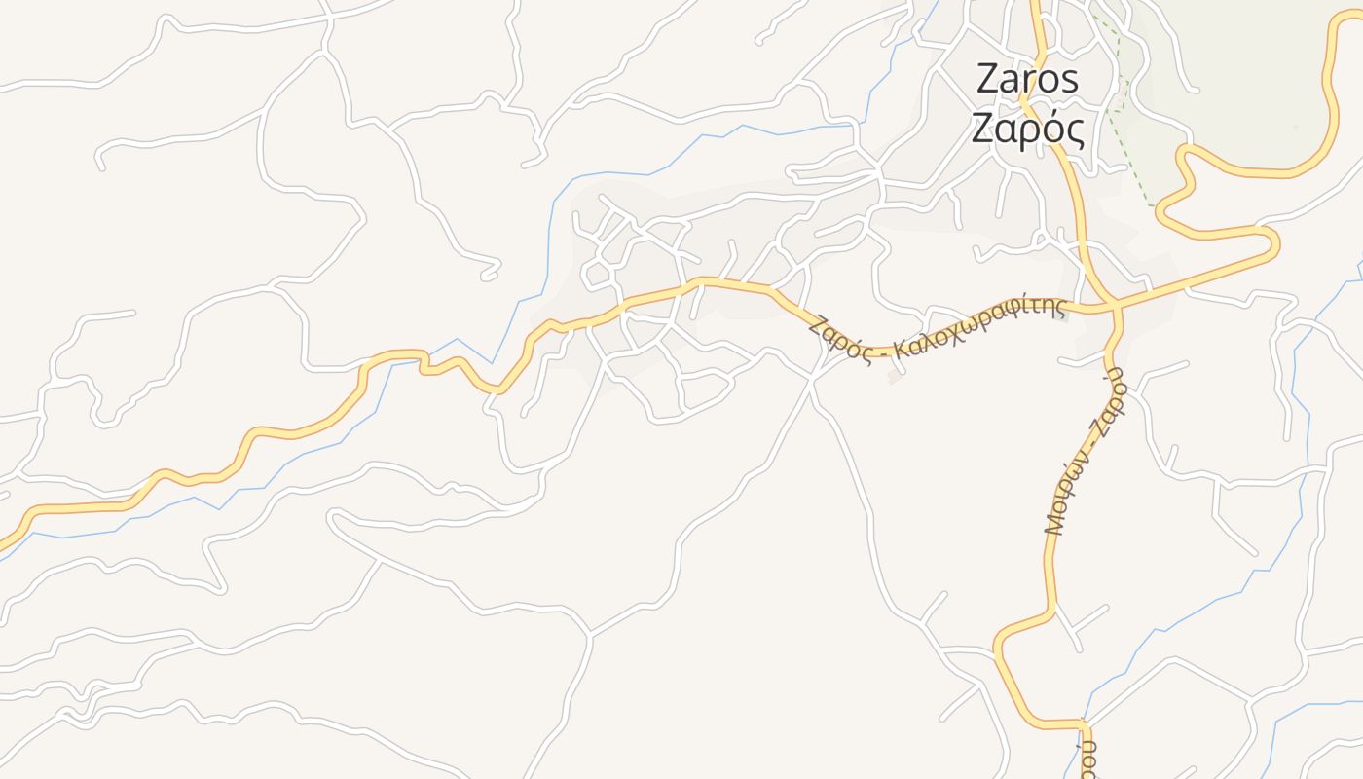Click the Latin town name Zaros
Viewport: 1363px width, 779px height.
coord(1027,80)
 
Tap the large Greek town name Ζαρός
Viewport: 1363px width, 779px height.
coord(1028,128)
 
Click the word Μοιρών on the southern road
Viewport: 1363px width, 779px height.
coord(1065,492)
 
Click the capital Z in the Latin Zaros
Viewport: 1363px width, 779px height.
coord(987,80)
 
